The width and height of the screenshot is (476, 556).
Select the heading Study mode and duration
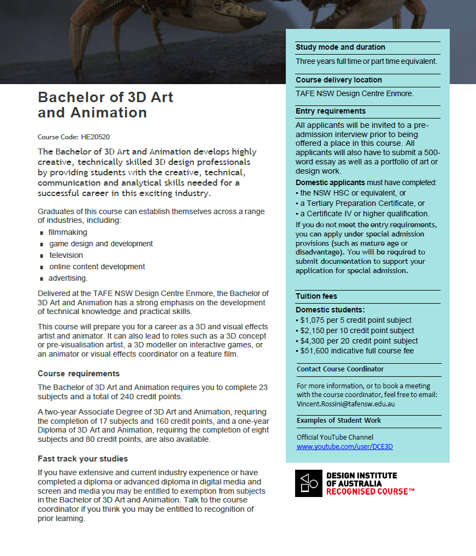click(340, 48)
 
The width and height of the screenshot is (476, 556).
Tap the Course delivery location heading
click(339, 80)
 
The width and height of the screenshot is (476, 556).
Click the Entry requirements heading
click(331, 111)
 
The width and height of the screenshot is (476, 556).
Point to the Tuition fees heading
click(316, 296)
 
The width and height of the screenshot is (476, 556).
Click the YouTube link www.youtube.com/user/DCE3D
click(344, 446)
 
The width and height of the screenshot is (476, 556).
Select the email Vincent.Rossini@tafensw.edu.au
click(345, 404)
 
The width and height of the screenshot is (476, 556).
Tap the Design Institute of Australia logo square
click(309, 483)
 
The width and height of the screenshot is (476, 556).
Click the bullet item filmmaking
click(68, 232)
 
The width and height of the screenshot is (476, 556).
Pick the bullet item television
click(66, 255)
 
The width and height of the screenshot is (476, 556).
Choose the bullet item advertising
click(68, 278)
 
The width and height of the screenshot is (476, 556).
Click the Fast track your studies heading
click(83, 459)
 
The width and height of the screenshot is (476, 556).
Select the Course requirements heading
click(79, 374)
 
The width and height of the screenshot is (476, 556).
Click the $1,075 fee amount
click(311, 320)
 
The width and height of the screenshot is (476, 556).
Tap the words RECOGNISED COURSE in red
click(369, 492)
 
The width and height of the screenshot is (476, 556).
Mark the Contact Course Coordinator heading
click(340, 369)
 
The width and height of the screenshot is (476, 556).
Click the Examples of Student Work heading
click(339, 421)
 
